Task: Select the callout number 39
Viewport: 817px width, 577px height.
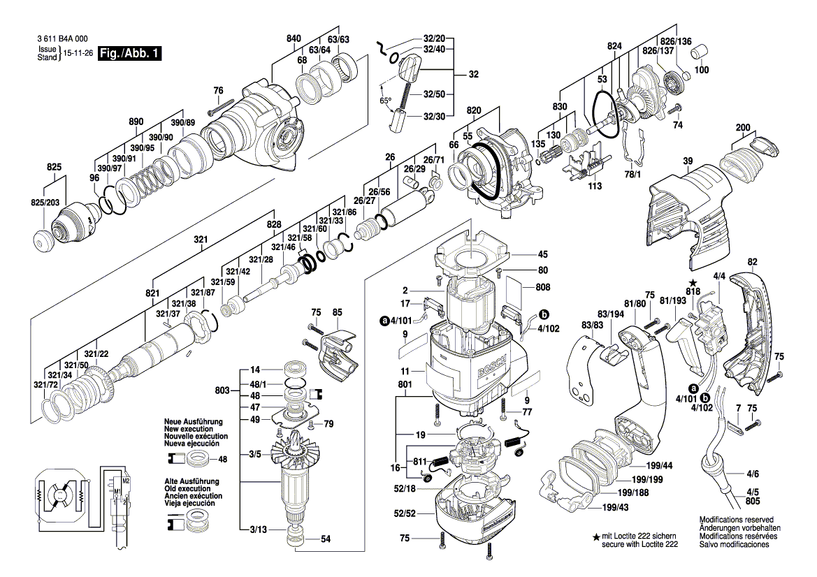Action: click(688, 162)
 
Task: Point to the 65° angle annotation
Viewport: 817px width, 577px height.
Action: click(385, 101)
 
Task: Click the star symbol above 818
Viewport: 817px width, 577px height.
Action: click(693, 282)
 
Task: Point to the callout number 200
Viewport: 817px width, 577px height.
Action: click(742, 128)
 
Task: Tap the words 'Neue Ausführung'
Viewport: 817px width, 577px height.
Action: click(193, 423)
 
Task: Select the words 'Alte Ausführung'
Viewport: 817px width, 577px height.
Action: click(191, 482)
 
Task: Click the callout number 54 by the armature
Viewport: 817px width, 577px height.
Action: click(325, 539)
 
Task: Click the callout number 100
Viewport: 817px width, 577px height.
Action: click(700, 70)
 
